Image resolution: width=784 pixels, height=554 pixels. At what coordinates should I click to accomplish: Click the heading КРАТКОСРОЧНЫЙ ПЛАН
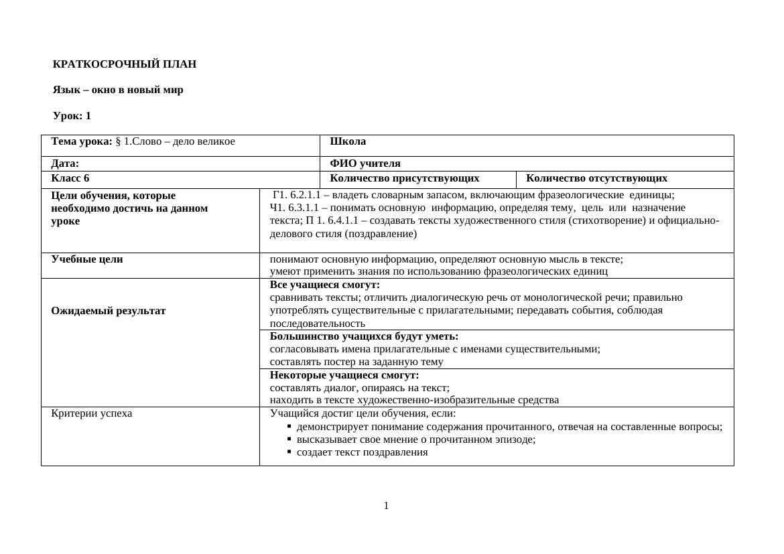tap(125, 64)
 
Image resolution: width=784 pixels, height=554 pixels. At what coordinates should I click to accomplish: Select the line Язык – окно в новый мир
tap(118, 90)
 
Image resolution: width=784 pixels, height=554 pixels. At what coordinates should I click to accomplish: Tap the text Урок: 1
tap(72, 116)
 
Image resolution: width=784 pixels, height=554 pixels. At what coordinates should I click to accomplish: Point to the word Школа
tap(348, 141)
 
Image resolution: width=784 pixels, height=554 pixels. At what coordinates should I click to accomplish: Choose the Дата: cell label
tap(65, 163)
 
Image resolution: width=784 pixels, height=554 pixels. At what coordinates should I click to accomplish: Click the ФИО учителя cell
tap(365, 163)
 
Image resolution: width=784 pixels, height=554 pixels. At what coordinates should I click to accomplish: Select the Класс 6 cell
tap(70, 178)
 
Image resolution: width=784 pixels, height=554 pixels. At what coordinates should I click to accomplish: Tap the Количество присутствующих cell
tap(405, 178)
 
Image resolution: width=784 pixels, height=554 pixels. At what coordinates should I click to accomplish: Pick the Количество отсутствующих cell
tap(596, 178)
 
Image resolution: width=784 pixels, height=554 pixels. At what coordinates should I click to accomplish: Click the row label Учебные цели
tap(87, 259)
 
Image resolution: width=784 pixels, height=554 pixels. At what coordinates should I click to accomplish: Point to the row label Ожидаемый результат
tap(109, 311)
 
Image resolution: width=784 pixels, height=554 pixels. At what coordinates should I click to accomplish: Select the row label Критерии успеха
tap(92, 413)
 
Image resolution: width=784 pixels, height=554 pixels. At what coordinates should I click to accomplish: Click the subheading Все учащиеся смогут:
tap(325, 285)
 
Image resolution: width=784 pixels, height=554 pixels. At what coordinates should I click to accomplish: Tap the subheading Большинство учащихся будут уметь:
tap(364, 336)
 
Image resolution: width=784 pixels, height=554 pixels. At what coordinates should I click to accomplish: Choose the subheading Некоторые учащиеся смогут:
tap(344, 375)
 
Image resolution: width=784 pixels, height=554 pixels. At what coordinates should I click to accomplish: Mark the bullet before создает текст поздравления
tap(289, 452)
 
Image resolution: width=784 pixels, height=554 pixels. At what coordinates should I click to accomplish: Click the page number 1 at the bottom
tap(387, 506)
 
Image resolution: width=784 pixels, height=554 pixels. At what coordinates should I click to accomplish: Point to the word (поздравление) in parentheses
tap(381, 234)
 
